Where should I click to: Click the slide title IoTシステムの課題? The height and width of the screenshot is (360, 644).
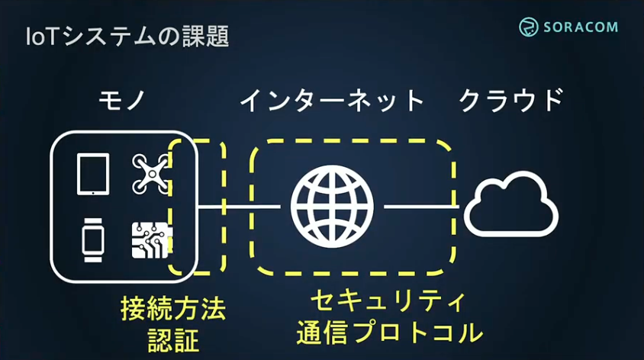click(126, 36)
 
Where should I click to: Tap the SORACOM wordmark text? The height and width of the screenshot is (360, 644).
click(582, 27)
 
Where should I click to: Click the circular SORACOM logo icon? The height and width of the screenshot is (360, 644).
click(530, 27)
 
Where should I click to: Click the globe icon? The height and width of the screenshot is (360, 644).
click(332, 207)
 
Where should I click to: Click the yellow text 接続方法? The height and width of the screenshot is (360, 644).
click(173, 310)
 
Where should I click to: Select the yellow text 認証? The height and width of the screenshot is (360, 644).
click(173, 337)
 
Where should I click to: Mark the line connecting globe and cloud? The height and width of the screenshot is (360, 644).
click(420, 207)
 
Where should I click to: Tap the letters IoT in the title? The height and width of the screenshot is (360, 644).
click(41, 36)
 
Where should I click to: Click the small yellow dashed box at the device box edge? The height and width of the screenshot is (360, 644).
click(197, 207)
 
